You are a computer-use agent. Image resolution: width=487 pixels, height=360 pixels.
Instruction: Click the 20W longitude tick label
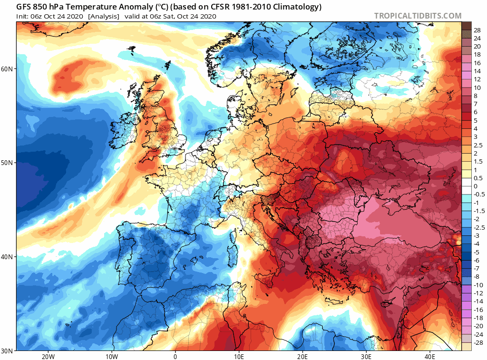48,356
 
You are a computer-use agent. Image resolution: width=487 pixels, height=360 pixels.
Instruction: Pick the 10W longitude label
111,356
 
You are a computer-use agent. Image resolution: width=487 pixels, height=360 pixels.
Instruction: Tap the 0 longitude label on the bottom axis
175,356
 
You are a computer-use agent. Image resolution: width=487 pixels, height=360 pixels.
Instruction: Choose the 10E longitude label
239,356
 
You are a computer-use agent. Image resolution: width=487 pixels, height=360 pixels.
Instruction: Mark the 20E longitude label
302,356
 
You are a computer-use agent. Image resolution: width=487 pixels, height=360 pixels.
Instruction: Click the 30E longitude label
366,356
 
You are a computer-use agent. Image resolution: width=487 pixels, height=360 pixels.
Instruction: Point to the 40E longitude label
429,356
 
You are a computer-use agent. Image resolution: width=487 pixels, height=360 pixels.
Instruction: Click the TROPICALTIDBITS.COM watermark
418,16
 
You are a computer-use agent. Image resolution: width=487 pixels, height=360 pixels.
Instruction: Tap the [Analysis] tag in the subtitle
103,16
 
